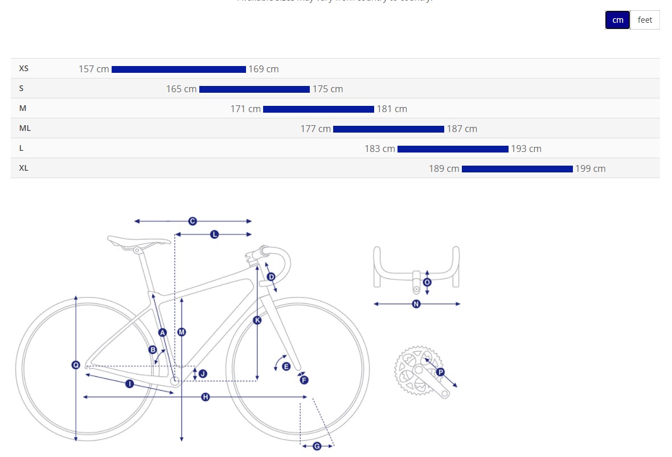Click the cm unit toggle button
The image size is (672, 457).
click(x=617, y=20)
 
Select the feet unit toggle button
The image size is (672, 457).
click(x=645, y=20)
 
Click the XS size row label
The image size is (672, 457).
click(x=24, y=68)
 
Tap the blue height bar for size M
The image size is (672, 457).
click(x=318, y=109)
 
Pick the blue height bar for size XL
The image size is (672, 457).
click(x=517, y=169)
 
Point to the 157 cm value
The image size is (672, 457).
click(x=93, y=69)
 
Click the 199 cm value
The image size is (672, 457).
click(x=591, y=169)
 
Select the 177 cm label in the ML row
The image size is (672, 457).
click(x=315, y=129)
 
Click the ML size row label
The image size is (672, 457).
click(x=25, y=128)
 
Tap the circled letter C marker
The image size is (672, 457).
click(x=192, y=221)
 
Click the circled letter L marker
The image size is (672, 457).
click(x=215, y=234)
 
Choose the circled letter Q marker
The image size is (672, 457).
click(x=76, y=365)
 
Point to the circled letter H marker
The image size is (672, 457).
click(x=206, y=397)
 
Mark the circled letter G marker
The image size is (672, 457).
click(x=317, y=446)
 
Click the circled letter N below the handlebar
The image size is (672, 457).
click(x=416, y=304)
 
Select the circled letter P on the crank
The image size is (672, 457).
click(x=440, y=372)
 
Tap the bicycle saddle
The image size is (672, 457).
click(x=138, y=241)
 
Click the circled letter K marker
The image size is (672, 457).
click(x=257, y=320)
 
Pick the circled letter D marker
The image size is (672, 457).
click(x=271, y=277)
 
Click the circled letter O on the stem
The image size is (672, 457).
click(x=427, y=282)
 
